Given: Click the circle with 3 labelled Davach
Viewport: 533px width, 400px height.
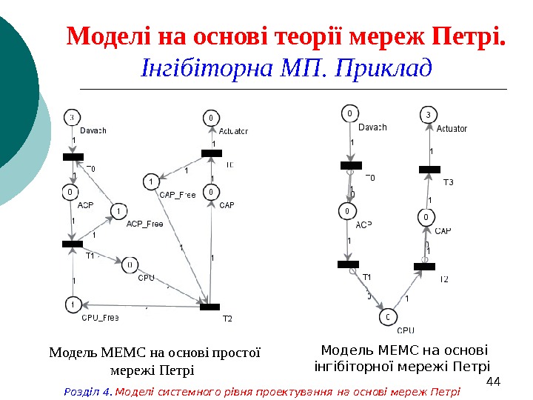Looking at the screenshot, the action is tap(73, 117).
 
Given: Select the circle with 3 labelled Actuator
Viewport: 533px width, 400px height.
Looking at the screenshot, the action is tap(428, 115).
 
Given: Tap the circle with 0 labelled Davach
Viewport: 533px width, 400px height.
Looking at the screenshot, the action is tap(349, 113).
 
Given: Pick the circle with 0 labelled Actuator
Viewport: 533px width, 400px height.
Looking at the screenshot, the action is tap(211, 117).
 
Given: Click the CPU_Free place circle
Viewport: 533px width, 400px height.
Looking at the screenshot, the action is tap(73, 304).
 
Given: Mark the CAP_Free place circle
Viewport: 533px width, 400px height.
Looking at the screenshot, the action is tap(150, 181).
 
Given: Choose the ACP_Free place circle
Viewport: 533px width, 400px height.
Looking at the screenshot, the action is tap(118, 213).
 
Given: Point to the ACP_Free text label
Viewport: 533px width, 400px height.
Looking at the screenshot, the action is tap(144, 224).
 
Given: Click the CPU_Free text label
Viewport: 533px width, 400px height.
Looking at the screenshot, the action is tap(100, 318).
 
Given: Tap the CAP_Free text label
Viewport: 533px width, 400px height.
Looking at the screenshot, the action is tap(178, 196).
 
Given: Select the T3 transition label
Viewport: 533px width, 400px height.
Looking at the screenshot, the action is tap(448, 182).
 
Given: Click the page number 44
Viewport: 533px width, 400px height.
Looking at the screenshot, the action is tap(495, 381).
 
